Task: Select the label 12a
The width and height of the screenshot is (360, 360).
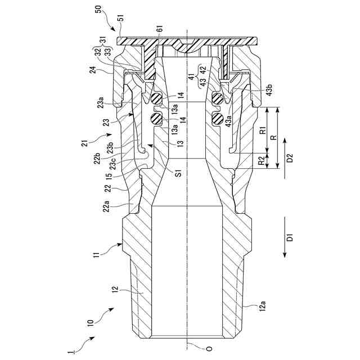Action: [x=262, y=305]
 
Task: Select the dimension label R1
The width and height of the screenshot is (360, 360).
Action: [x=263, y=133]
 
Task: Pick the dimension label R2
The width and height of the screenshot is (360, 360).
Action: [x=263, y=160]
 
